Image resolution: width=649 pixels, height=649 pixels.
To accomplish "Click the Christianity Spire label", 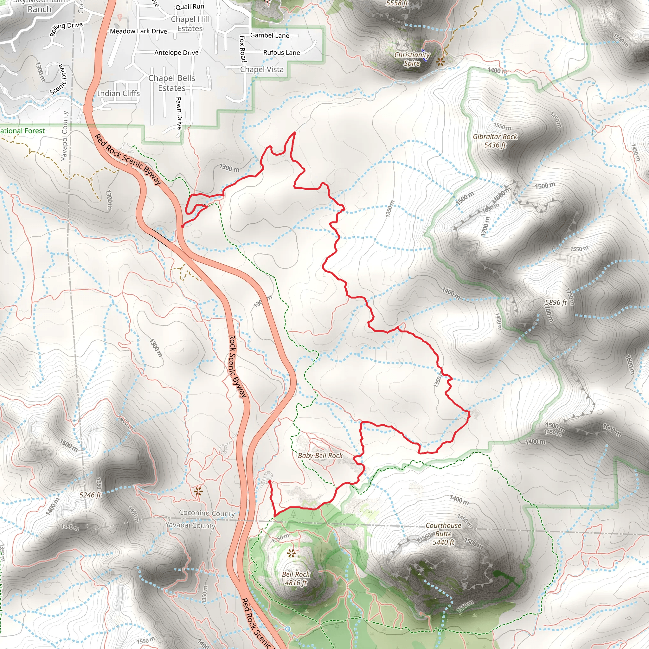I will [x=412, y=59].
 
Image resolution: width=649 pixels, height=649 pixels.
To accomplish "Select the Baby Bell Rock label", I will [x=320, y=455].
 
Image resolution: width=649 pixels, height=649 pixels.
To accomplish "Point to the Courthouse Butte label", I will [x=443, y=533].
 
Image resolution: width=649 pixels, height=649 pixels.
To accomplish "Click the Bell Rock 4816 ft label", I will [x=296, y=578].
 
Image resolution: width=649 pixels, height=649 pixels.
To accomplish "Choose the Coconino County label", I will [x=207, y=513].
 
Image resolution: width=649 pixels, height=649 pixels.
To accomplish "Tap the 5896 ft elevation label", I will [x=556, y=302].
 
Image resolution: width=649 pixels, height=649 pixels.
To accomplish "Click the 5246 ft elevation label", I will [x=90, y=495].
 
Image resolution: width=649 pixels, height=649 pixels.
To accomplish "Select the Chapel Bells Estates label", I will [x=172, y=83].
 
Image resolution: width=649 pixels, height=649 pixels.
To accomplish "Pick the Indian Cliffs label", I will [x=118, y=93].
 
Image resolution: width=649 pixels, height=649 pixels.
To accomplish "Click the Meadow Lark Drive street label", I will [x=138, y=31].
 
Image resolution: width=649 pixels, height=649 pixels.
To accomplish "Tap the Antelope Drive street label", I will [x=177, y=53].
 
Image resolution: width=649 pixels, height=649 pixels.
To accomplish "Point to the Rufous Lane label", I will [x=281, y=52].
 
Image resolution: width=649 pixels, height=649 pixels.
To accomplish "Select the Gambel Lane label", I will [x=269, y=35].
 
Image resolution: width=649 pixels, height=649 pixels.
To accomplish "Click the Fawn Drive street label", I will [x=179, y=113].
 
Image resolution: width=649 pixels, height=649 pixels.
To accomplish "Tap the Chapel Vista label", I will [x=262, y=69].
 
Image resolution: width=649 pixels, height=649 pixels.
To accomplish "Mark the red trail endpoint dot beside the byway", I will [x=183, y=226].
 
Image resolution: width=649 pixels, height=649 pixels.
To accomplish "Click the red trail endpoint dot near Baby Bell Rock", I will [x=270, y=482].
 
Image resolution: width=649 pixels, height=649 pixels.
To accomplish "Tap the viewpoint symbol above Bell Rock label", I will [x=291, y=553].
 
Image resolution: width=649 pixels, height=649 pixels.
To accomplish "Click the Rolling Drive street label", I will [x=66, y=29].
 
